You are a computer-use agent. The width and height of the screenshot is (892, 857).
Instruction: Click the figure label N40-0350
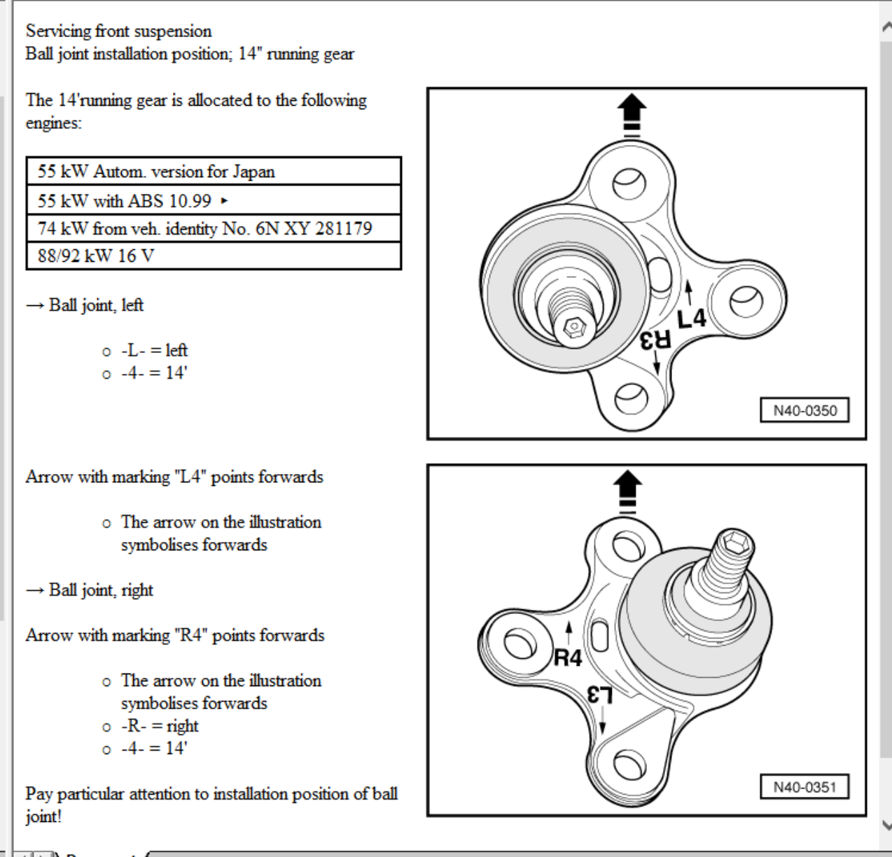pyautogui.click(x=804, y=410)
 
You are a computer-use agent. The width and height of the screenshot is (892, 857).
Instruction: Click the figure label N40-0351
pyautogui.click(x=804, y=787)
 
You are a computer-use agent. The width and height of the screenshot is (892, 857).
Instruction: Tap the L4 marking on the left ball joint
pyautogui.click(x=692, y=319)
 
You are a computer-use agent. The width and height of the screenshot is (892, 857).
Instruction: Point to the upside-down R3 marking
pyautogui.click(x=655, y=340)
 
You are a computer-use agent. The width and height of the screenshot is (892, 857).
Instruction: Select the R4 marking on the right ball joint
pyautogui.click(x=568, y=657)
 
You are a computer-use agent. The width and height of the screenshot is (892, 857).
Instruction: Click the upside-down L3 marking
pyautogui.click(x=600, y=695)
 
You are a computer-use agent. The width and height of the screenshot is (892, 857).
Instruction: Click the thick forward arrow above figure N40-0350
pyautogui.click(x=632, y=115)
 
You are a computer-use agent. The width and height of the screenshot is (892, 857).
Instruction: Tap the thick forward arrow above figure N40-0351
pyautogui.click(x=627, y=492)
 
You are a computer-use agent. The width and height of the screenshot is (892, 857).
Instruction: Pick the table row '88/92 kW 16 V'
pyautogui.click(x=214, y=256)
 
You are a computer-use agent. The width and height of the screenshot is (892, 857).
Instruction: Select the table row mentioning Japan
pyautogui.click(x=214, y=172)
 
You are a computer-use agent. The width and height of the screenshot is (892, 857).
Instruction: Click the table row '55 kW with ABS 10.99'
pyautogui.click(x=214, y=200)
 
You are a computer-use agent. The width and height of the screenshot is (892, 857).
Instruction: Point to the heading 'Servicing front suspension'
pyautogui.click(x=119, y=32)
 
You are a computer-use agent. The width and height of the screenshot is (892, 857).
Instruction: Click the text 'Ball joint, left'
pyautogui.click(x=96, y=305)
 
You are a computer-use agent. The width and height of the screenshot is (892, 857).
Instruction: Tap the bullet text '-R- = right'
pyautogui.click(x=160, y=725)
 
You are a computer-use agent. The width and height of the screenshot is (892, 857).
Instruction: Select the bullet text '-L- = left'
pyautogui.click(x=154, y=350)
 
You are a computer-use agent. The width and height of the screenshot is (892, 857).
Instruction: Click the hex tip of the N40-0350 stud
pyautogui.click(x=574, y=327)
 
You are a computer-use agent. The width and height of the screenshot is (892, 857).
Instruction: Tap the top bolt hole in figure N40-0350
pyautogui.click(x=629, y=183)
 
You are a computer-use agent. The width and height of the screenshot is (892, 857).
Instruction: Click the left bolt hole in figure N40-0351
pyautogui.click(x=520, y=643)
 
